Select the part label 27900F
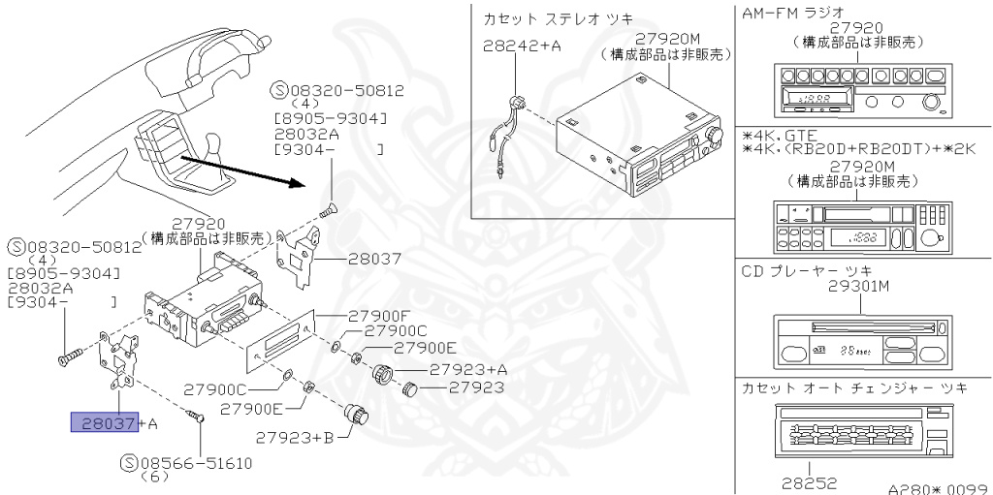pos(378,316)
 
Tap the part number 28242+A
pos(521,46)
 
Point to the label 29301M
pos(859,286)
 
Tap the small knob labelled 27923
pos(409,389)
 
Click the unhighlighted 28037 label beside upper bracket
pos(348,260)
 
